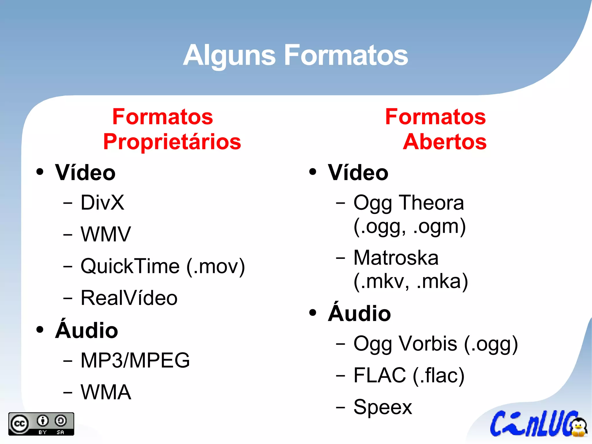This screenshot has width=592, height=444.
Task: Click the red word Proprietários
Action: (172, 142)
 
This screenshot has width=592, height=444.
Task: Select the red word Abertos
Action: (445, 142)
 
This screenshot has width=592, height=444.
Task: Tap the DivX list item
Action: (102, 202)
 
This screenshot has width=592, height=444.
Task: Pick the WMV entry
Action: (106, 234)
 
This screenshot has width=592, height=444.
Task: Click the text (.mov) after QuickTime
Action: (216, 266)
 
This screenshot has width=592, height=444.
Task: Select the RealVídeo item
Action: (129, 298)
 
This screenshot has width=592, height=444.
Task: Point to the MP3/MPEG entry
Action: (135, 360)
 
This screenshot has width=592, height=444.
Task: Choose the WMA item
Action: (106, 392)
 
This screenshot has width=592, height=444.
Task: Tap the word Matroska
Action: (396, 258)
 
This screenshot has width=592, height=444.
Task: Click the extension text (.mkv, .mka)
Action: (410, 281)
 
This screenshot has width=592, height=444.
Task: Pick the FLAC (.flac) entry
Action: (409, 375)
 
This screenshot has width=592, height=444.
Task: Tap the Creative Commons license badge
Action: (41, 424)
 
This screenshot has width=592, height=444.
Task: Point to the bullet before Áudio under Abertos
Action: (312, 313)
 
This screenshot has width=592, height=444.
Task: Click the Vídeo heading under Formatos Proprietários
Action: (85, 173)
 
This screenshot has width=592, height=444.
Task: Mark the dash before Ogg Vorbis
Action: (341, 344)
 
